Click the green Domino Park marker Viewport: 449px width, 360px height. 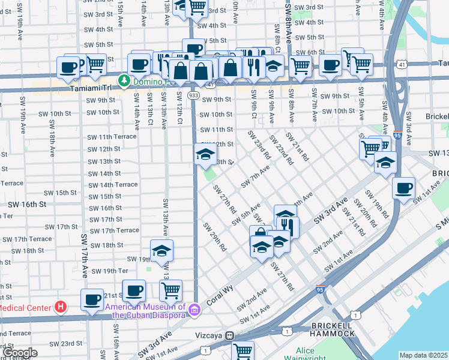[x=124, y=80]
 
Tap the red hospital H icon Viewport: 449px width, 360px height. [x=60, y=308]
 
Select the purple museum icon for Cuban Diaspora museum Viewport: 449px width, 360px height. [x=194, y=310]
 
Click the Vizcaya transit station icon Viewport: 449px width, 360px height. [x=229, y=336]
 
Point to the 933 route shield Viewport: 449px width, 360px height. [x=193, y=95]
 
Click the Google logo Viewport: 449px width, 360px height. [x=19, y=353]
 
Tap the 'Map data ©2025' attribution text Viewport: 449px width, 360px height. [x=423, y=355]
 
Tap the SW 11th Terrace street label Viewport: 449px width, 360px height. [x=112, y=137]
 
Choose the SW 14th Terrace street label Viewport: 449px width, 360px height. [x=113, y=185]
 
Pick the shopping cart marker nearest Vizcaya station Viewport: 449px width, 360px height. [x=243, y=350]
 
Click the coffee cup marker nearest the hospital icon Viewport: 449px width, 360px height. [x=92, y=299]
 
